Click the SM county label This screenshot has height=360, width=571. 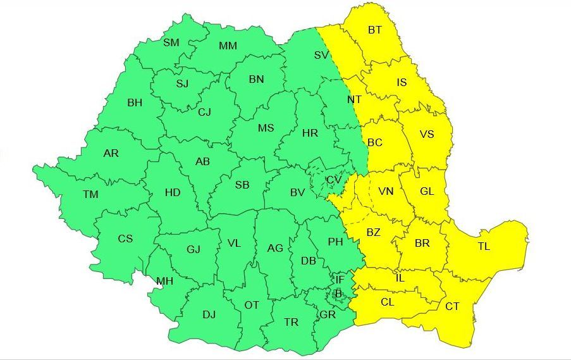pyautogui.click(x=171, y=42)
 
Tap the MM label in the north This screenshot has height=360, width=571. pyautogui.click(x=228, y=46)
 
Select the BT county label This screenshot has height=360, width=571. pyautogui.click(x=375, y=29)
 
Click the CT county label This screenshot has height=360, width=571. pyautogui.click(x=452, y=307)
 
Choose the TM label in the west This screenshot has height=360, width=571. pyautogui.click(x=90, y=194)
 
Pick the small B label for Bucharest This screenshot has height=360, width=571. pyautogui.click(x=338, y=294)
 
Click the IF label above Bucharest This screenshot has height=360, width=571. pyautogui.click(x=340, y=280)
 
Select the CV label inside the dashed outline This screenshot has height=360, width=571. pyautogui.click(x=334, y=180)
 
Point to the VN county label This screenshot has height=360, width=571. pyautogui.click(x=386, y=192)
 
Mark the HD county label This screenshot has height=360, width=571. pyautogui.click(x=173, y=191)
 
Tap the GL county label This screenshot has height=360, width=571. pyautogui.click(x=427, y=191)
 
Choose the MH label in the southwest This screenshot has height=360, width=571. pyautogui.click(x=164, y=281)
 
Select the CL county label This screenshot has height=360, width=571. pyautogui.click(x=388, y=302)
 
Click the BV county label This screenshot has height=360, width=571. pyautogui.click(x=297, y=192)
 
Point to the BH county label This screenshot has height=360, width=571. pyautogui.click(x=135, y=102)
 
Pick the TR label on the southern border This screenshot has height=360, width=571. pyautogui.click(x=291, y=322)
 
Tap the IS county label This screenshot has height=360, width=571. pyautogui.click(x=402, y=82)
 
